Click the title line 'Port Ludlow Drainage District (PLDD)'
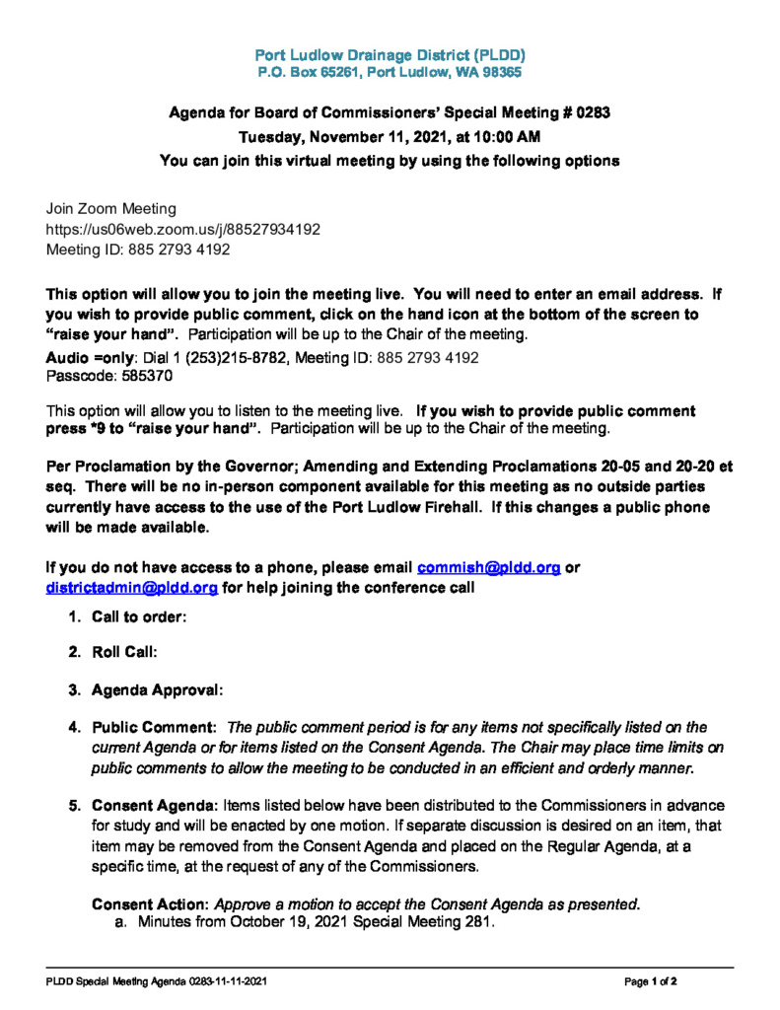390,54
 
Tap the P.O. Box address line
390,72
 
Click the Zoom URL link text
183,229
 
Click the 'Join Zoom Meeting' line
111,208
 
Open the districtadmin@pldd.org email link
132,588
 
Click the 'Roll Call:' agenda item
124,653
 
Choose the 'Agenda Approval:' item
157,689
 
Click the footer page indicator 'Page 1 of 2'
650,982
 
